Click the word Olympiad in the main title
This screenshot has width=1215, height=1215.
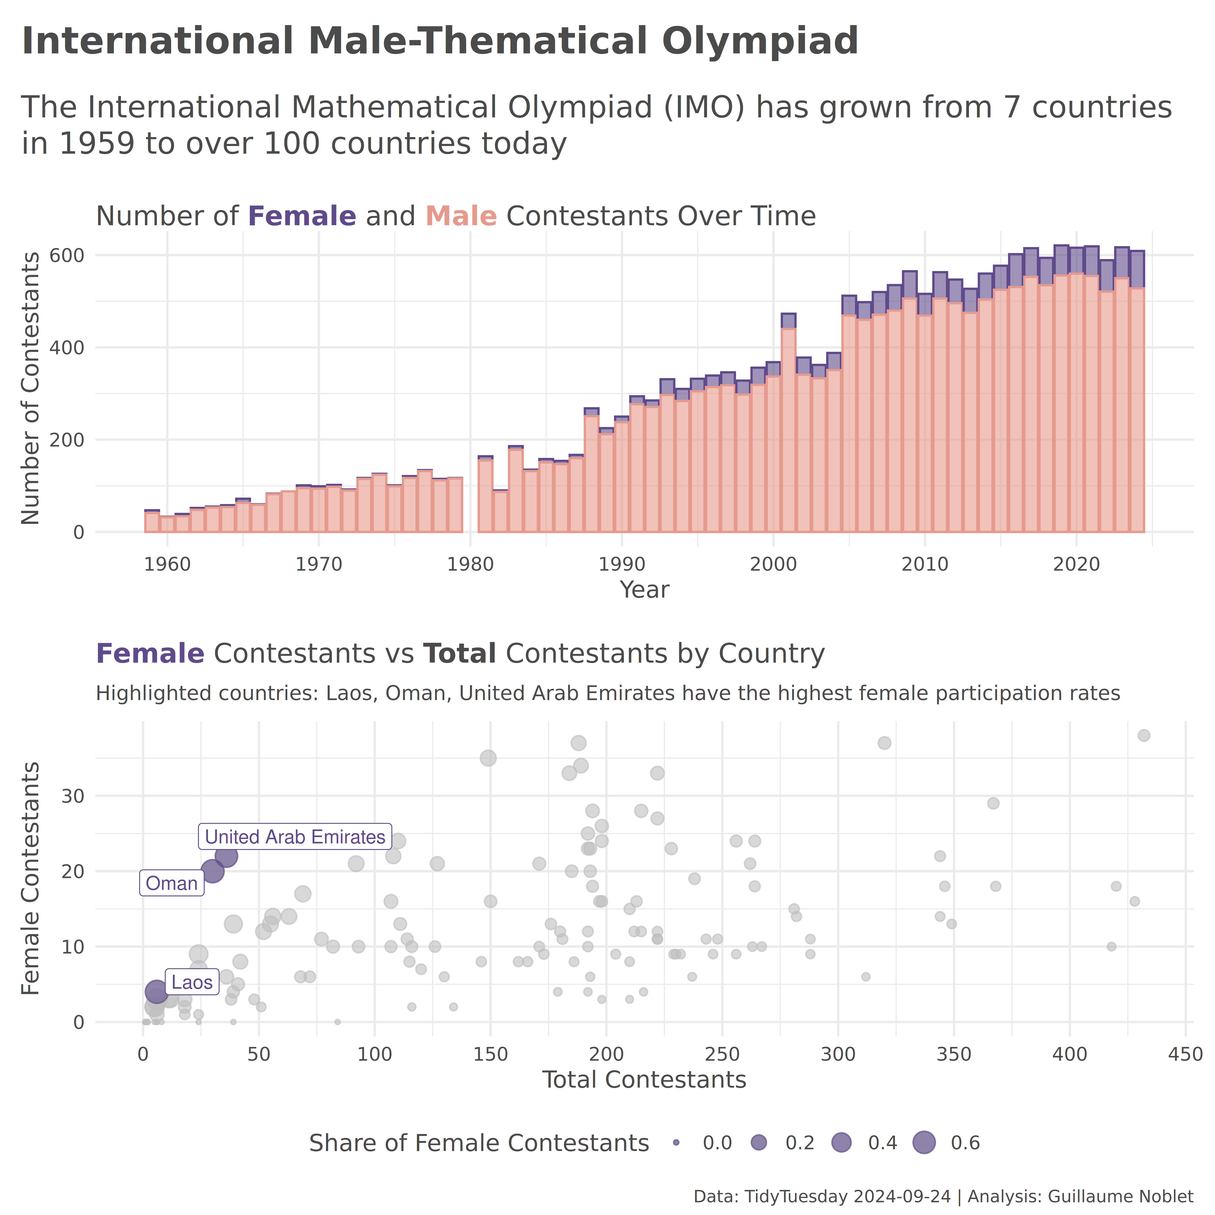(760, 42)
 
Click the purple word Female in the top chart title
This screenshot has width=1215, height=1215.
(302, 216)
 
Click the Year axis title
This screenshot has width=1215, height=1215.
(644, 590)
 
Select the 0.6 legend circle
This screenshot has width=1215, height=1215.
(924, 1143)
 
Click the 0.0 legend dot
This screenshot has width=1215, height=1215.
(676, 1143)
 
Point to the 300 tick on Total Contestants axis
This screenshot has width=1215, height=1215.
(838, 1054)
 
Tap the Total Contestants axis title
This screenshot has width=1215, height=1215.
(644, 1080)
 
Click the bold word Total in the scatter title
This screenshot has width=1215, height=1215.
(460, 654)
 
